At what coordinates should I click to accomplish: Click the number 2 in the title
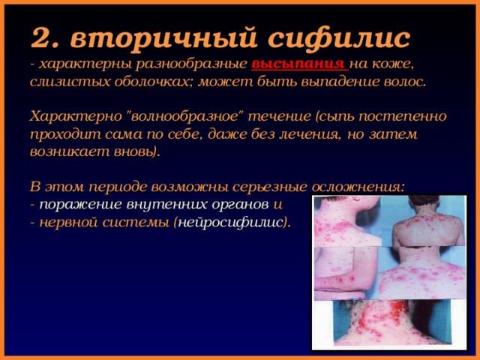(40, 37)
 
